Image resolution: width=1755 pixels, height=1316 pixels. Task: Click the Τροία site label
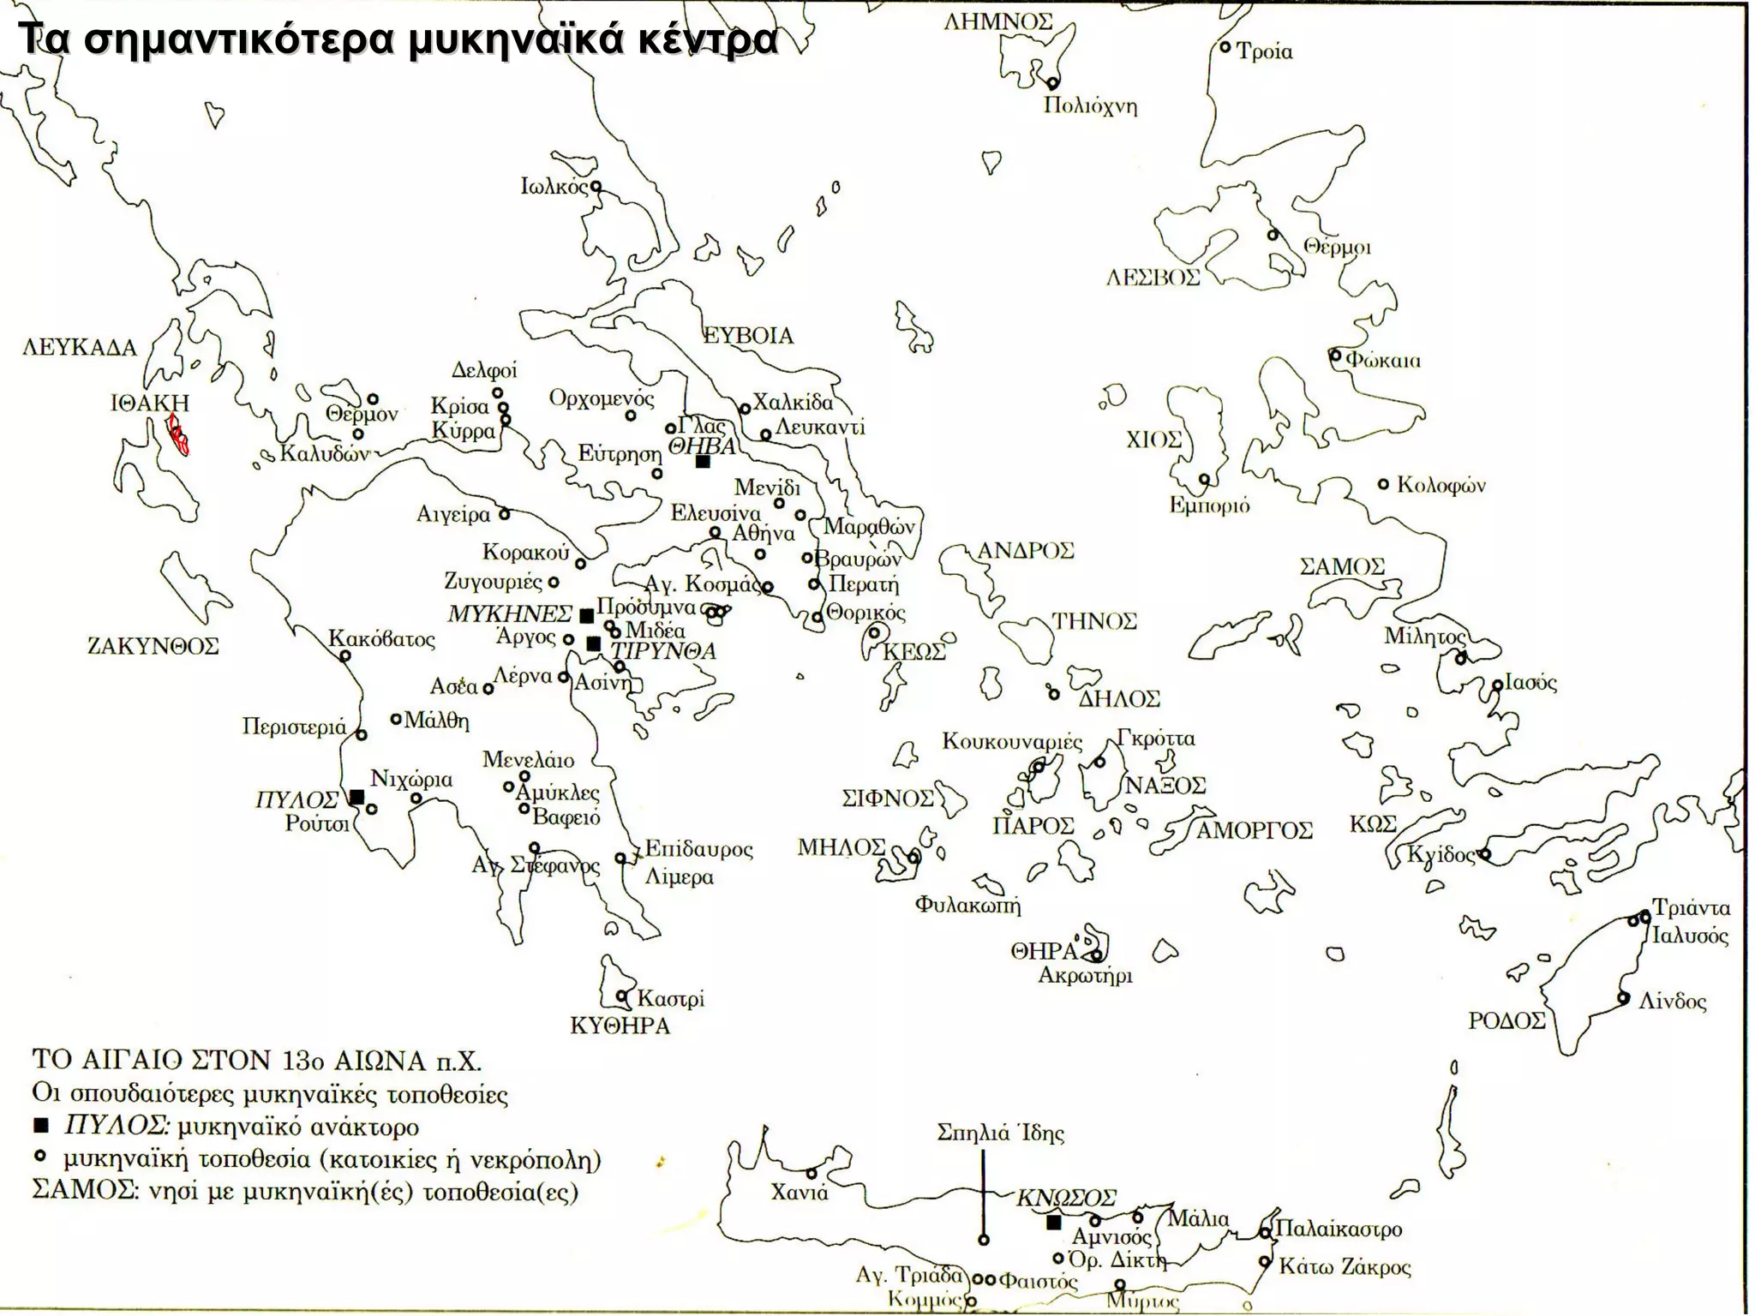[x=1264, y=52]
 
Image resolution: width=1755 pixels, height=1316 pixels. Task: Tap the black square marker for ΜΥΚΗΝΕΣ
[x=587, y=615]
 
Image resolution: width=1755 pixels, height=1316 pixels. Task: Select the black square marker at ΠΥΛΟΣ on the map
[x=358, y=797]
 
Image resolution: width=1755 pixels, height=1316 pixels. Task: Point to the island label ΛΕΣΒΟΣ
[x=1153, y=278]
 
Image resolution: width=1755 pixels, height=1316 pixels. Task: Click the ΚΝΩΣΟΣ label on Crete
[x=1066, y=1198]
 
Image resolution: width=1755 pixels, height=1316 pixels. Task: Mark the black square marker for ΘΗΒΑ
[x=703, y=462]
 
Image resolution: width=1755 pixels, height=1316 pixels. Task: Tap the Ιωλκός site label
[x=554, y=187]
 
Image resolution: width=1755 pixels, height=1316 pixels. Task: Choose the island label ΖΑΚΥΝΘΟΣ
[x=153, y=646]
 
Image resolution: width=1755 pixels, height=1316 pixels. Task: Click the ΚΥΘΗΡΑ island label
[x=620, y=1026]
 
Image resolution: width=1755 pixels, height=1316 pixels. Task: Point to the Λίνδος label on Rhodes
[x=1672, y=1002]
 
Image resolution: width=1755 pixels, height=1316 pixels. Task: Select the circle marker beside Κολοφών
[x=1383, y=484]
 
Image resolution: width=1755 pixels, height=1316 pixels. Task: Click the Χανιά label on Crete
[x=800, y=1193]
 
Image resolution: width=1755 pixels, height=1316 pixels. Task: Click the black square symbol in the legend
[x=40, y=1126]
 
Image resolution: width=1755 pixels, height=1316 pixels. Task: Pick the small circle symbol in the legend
[x=39, y=1157]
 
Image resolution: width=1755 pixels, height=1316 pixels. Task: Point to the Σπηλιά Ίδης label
[x=1000, y=1134]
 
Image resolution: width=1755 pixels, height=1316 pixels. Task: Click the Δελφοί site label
[x=484, y=370]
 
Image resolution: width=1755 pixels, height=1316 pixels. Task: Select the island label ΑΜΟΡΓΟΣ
[x=1254, y=830]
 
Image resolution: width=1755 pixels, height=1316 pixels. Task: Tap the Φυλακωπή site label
[x=967, y=905]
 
